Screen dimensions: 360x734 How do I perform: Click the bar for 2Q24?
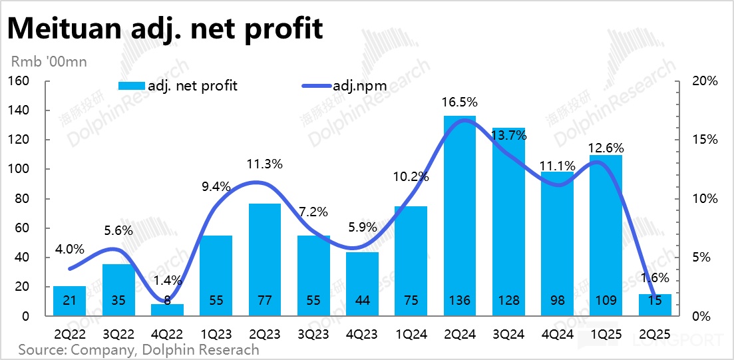point(460,213)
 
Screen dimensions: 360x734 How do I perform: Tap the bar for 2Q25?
point(655,305)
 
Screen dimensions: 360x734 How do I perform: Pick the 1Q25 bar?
point(605,233)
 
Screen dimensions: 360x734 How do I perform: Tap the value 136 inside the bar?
point(460,301)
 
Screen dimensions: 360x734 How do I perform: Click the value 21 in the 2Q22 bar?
point(70,301)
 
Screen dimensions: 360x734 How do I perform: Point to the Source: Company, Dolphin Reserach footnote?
point(138,349)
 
